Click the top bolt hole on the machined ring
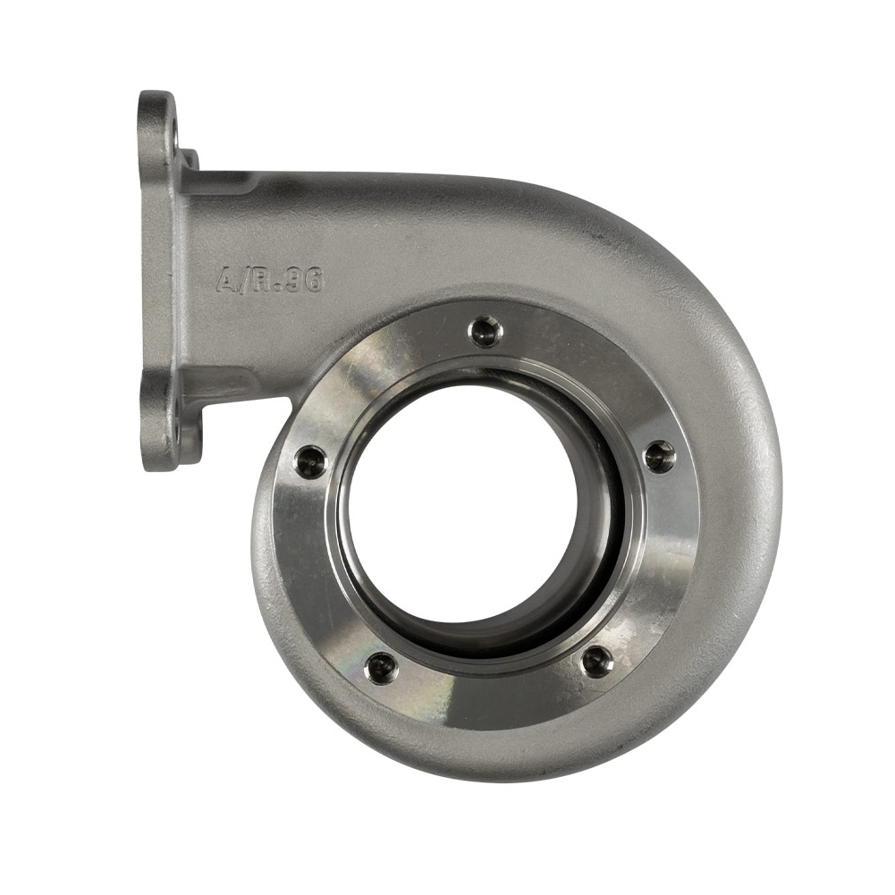(485, 332)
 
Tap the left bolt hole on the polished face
(310, 461)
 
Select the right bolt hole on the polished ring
(660, 456)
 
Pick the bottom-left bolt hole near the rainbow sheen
(381, 665)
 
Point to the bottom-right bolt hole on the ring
(597, 662)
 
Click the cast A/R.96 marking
(269, 281)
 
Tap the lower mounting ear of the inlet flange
(159, 429)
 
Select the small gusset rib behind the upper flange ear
(190, 165)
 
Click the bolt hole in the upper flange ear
(174, 134)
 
